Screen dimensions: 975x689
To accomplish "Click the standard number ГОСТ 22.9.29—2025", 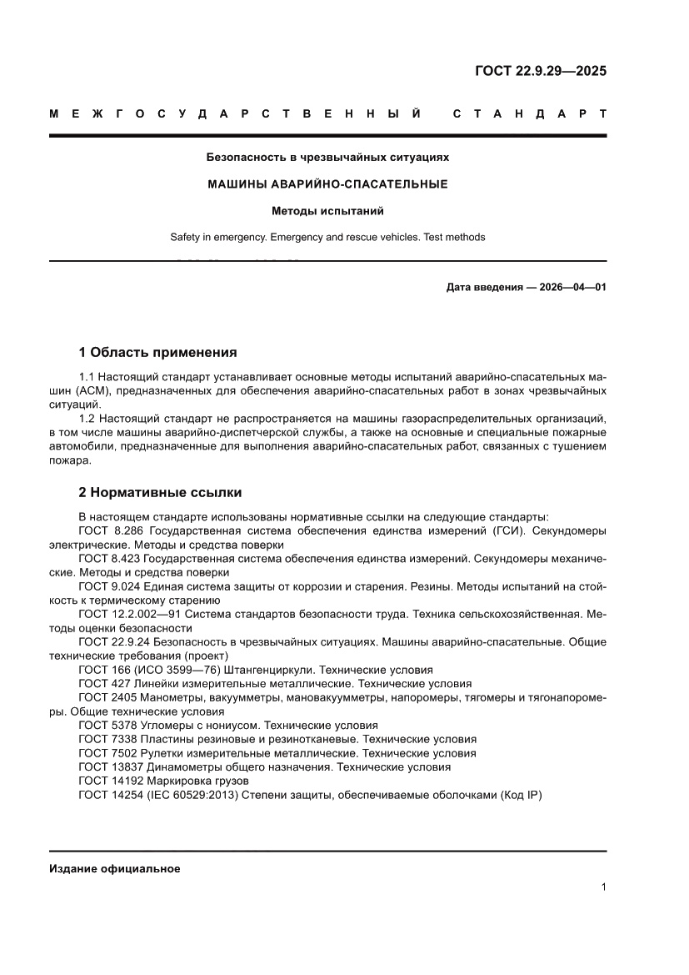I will click(x=540, y=71).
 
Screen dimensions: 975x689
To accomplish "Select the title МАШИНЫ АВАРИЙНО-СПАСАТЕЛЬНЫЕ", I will click(x=327, y=184).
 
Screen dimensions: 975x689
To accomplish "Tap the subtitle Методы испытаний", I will click(x=327, y=211).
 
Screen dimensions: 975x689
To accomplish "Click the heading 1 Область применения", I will click(x=157, y=353).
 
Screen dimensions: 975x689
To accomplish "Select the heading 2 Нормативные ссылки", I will click(x=160, y=493).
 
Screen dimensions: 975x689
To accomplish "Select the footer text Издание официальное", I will click(x=114, y=868).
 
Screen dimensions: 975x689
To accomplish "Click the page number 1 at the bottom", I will click(x=602, y=887).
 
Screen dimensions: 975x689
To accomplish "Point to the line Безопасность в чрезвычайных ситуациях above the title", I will click(x=327, y=157).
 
